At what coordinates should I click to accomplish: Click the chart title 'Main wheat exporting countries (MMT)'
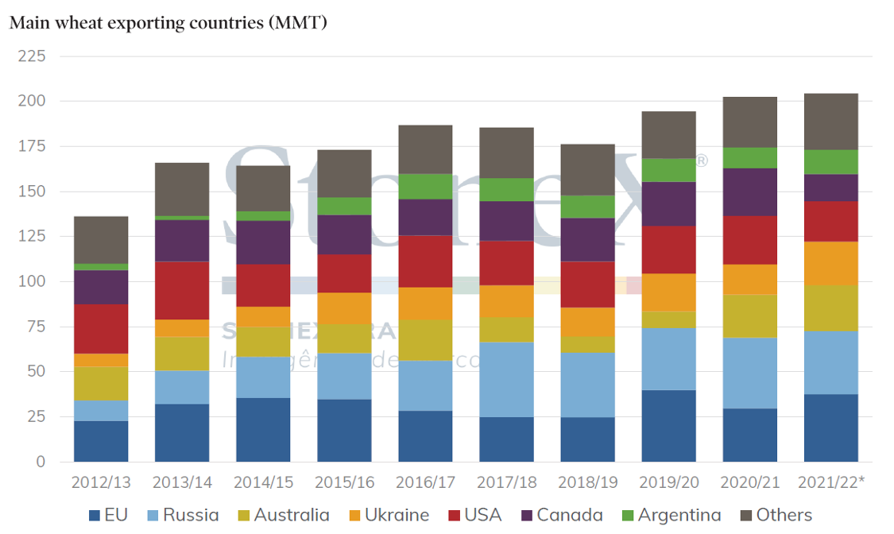pyautogui.click(x=168, y=22)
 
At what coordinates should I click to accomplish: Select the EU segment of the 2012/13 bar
pyautogui.click(x=101, y=441)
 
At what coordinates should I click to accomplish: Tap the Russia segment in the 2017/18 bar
pyautogui.click(x=506, y=380)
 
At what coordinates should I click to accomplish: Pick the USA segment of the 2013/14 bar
pyautogui.click(x=182, y=290)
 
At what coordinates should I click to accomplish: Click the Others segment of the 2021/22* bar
pyautogui.click(x=831, y=122)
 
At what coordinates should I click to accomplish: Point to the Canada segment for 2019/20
pyautogui.click(x=668, y=204)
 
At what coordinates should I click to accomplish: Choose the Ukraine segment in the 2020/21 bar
pyautogui.click(x=749, y=280)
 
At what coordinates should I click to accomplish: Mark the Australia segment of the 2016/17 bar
pyautogui.click(x=425, y=340)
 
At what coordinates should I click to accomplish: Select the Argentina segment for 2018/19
pyautogui.click(x=587, y=207)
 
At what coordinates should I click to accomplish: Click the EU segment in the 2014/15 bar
pyautogui.click(x=263, y=430)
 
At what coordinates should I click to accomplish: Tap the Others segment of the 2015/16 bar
pyautogui.click(x=344, y=173)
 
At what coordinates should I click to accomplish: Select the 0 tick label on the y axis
pyautogui.click(x=41, y=462)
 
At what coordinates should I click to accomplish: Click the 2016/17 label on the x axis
pyautogui.click(x=425, y=482)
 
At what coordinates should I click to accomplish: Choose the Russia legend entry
pyautogui.click(x=182, y=515)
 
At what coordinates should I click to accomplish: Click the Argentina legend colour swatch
pyautogui.click(x=625, y=516)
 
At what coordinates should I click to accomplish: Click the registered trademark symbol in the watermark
pyautogui.click(x=702, y=161)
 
